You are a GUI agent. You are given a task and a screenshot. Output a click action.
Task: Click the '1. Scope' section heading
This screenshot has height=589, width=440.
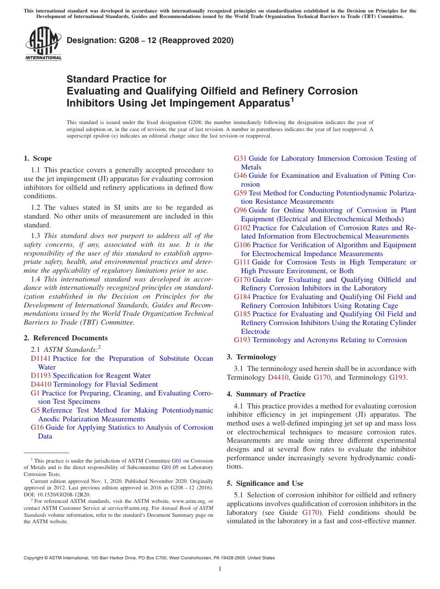coord(38,158)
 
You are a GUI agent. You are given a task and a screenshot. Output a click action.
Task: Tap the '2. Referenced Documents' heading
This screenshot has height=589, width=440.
coord(65,338)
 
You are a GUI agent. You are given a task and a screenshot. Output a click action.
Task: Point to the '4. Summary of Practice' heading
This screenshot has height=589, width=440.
coord(266,394)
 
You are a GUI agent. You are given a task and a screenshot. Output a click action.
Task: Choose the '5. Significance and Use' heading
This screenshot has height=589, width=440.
coord(265,483)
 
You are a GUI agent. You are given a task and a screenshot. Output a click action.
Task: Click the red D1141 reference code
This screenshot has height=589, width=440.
coord(41,358)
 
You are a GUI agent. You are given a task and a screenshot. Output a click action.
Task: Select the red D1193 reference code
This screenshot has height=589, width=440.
coord(41,376)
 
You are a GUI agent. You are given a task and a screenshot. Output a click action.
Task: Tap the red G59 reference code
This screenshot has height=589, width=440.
coord(240,193)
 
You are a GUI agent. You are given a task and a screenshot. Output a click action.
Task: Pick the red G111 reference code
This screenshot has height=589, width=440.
coord(242,262)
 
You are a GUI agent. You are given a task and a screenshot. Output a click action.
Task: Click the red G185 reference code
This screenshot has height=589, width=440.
coord(242,314)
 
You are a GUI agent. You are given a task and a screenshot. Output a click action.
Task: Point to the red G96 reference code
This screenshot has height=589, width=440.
coord(240,210)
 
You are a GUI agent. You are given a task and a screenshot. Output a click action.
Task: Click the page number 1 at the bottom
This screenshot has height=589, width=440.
coord(220,569)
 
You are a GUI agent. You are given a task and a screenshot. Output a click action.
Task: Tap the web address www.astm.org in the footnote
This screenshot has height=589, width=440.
coord(190,501)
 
